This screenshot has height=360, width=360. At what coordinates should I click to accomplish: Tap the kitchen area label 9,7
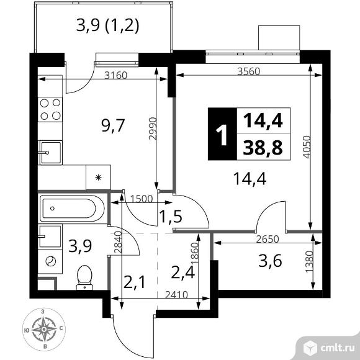tap(113, 125)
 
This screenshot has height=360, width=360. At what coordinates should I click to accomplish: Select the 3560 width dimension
tap(249, 71)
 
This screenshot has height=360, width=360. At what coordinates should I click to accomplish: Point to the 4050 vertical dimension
tap(307, 147)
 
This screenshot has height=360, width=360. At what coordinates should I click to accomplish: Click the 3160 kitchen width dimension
tap(115, 75)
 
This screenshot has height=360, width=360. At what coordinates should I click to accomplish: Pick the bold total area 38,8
tap(263, 148)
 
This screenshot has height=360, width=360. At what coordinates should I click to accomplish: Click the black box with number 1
tap(222, 134)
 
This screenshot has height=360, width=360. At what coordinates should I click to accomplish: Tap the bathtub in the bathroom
tap(72, 209)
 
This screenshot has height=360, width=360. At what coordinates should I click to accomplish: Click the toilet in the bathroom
tap(84, 278)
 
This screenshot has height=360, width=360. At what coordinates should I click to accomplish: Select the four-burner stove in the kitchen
tap(50, 109)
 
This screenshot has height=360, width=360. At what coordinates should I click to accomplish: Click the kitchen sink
tap(50, 153)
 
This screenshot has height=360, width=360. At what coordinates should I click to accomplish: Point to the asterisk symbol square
tap(98, 178)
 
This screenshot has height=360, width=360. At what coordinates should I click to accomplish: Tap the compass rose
tap(44, 330)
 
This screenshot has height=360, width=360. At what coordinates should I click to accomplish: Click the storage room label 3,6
tap(270, 261)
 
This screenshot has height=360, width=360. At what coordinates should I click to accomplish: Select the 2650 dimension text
tap(268, 240)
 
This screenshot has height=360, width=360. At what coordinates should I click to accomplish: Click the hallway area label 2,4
tap(183, 272)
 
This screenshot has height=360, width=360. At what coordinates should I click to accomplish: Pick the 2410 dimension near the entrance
tap(176, 295)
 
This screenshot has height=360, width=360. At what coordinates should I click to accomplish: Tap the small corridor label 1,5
tap(171, 217)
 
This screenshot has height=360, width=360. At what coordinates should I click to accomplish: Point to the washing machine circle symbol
tap(51, 261)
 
